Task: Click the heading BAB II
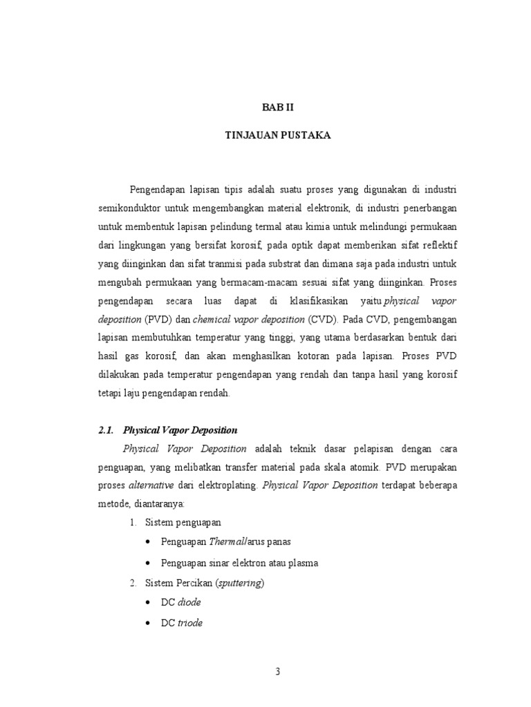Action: coord(278,107)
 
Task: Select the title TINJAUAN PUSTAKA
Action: coord(278,136)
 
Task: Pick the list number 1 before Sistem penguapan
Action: coord(133,522)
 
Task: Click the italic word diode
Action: coord(190,602)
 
